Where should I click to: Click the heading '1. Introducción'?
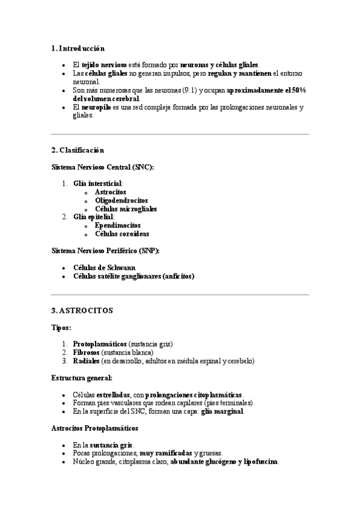(79, 48)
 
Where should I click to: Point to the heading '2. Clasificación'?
(78, 150)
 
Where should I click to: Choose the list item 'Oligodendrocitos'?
(121, 200)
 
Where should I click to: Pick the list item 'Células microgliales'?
(126, 209)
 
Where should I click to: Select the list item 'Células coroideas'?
(122, 233)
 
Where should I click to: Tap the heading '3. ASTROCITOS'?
(82, 310)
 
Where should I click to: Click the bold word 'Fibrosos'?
(86, 352)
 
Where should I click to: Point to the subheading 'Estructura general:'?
(82, 377)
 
